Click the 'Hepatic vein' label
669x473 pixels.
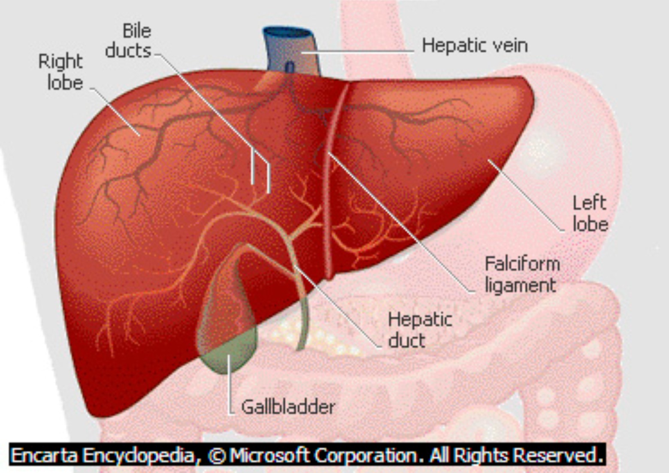(474, 45)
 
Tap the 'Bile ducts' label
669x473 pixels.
(129, 41)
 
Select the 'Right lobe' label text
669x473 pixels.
(61, 72)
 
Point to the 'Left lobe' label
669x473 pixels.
(590, 214)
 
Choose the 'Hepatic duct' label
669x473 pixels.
(419, 330)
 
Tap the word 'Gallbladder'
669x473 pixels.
(288, 407)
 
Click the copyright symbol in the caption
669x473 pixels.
(218, 455)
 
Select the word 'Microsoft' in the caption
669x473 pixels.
(269, 455)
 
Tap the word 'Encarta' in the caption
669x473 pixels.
(45, 455)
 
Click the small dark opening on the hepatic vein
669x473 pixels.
(290, 67)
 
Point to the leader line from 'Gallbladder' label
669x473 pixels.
(230, 386)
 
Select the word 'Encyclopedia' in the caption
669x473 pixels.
(138, 455)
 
